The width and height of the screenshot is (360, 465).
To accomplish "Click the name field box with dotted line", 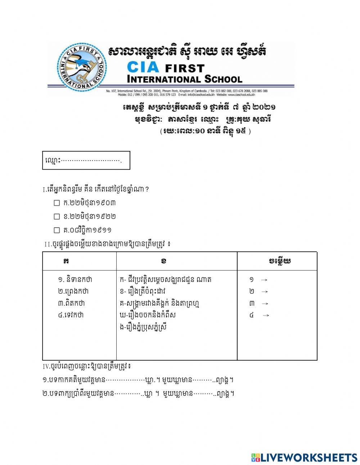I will point(86,160).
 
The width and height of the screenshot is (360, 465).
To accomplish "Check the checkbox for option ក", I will point(57,203).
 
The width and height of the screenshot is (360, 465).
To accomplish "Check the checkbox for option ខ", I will point(57,217).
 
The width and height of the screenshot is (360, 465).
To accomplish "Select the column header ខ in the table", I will point(164,261).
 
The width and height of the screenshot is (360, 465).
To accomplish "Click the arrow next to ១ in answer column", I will point(264,280).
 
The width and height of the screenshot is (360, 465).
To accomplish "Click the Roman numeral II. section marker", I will point(48,245).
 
